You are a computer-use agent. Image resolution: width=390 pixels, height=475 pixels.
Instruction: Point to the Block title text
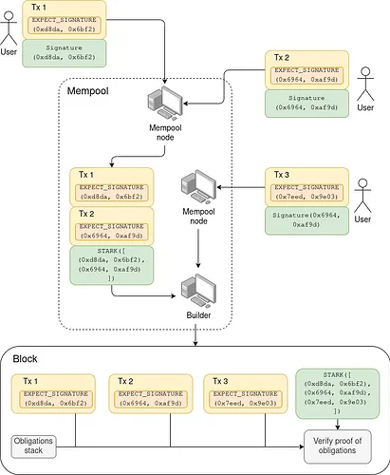(x=26, y=358)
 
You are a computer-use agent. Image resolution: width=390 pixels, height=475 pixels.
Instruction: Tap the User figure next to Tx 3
(x=364, y=204)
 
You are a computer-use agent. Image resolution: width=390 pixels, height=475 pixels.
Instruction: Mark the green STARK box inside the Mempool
(x=113, y=265)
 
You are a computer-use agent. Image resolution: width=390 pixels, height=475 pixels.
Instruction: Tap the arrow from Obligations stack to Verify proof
(x=180, y=443)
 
